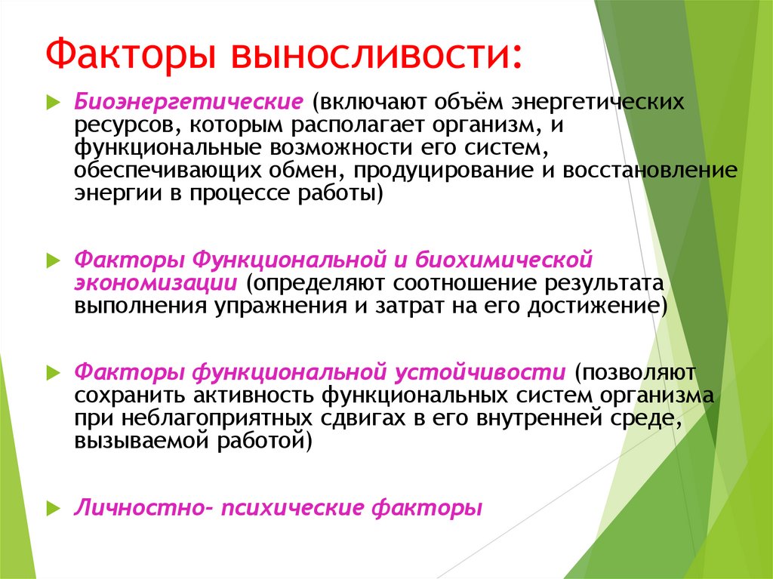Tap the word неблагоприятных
pyautogui.click(x=226, y=418)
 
